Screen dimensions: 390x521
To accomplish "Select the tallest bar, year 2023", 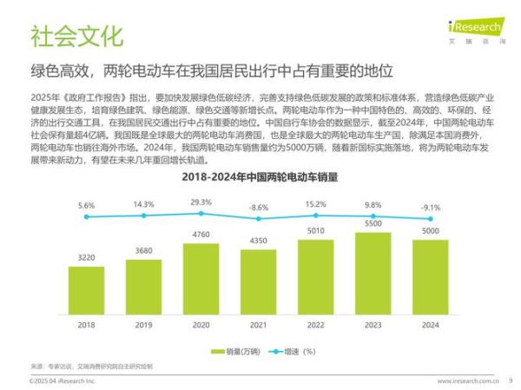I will pyautogui.click(x=373, y=274).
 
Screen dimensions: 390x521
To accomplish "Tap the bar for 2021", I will pyautogui.click(x=258, y=282).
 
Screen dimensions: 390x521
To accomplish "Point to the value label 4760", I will pyautogui.click(x=201, y=235).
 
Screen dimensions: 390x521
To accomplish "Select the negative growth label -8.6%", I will pyautogui.click(x=258, y=208).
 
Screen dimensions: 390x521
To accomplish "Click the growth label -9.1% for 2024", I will pyautogui.click(x=430, y=207).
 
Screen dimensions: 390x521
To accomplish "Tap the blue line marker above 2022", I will pyautogui.click(x=315, y=215).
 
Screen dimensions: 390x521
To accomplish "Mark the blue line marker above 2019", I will pyautogui.click(x=143, y=216).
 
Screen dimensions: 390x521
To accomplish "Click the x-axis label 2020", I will pyautogui.click(x=201, y=325).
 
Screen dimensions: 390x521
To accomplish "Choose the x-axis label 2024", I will pyautogui.click(x=430, y=325).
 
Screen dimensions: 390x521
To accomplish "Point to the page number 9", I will pyautogui.click(x=510, y=379).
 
